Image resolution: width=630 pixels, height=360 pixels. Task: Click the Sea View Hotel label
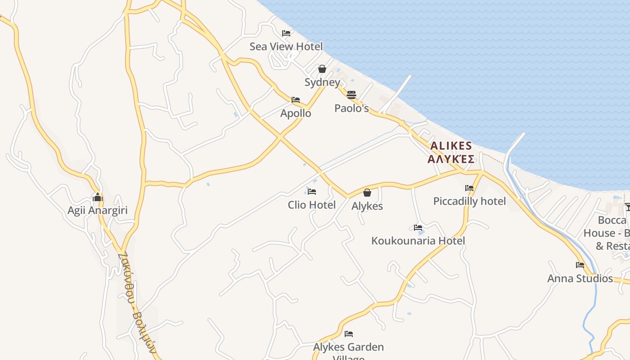[x=286, y=46]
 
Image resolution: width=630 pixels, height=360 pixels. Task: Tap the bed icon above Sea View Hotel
[x=286, y=33]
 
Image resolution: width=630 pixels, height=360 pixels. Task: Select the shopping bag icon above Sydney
[x=322, y=69]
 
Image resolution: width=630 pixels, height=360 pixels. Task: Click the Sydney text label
[x=322, y=82]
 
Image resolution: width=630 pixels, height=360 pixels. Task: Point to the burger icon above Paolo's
[x=351, y=94]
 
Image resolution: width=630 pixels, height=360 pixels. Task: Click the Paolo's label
[x=351, y=108]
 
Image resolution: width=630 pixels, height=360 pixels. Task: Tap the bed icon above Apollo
[x=296, y=100]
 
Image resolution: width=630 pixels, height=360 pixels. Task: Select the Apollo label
[x=296, y=113]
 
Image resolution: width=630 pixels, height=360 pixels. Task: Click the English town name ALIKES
[x=451, y=146]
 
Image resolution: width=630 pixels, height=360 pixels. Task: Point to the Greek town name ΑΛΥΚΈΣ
[x=451, y=159]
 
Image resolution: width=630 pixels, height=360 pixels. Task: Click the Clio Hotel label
[x=312, y=205]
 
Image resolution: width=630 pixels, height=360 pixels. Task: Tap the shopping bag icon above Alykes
[x=367, y=193]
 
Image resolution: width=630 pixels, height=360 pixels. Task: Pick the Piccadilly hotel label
[x=469, y=201]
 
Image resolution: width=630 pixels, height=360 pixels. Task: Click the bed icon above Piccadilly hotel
[x=469, y=188]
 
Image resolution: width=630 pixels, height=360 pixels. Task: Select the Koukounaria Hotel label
[x=418, y=241]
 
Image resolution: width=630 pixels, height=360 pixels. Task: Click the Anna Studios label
[x=580, y=279]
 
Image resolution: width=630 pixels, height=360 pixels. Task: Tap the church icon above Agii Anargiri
[x=98, y=197]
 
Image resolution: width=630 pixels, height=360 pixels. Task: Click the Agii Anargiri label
[x=98, y=210]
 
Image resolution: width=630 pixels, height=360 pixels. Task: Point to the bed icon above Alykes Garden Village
[x=349, y=334]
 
